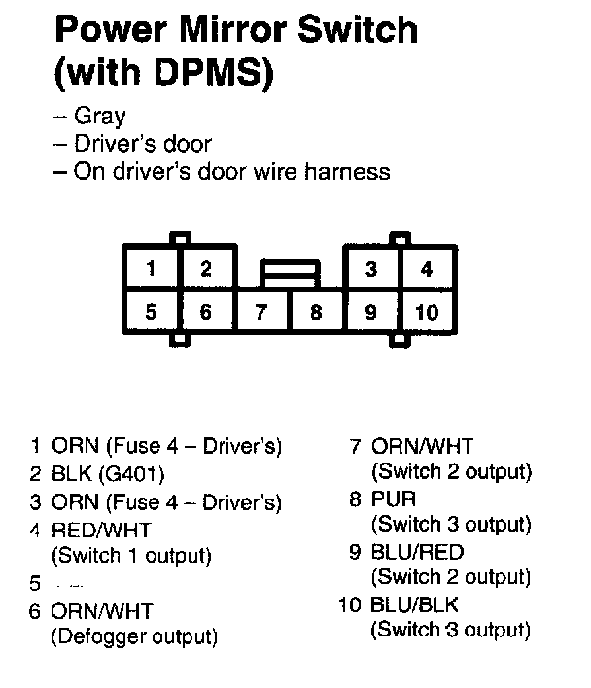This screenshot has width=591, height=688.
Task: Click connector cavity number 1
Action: (150, 269)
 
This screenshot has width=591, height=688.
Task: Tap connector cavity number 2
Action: (205, 269)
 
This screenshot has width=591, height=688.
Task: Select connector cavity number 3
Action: (371, 269)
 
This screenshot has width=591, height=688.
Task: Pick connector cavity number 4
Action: (427, 269)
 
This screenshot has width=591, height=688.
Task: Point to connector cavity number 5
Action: (150, 312)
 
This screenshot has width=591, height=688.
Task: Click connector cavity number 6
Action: (205, 312)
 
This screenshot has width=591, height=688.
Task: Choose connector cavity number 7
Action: (261, 312)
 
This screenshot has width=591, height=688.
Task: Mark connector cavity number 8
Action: (316, 312)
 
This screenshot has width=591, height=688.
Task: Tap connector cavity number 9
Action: (371, 312)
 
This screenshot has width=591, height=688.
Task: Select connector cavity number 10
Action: (427, 312)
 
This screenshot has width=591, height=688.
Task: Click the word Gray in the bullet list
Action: (100, 117)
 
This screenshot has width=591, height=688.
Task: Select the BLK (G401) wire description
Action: (108, 475)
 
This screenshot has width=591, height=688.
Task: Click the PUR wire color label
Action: (394, 499)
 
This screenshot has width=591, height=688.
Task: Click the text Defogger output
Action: (133, 637)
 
